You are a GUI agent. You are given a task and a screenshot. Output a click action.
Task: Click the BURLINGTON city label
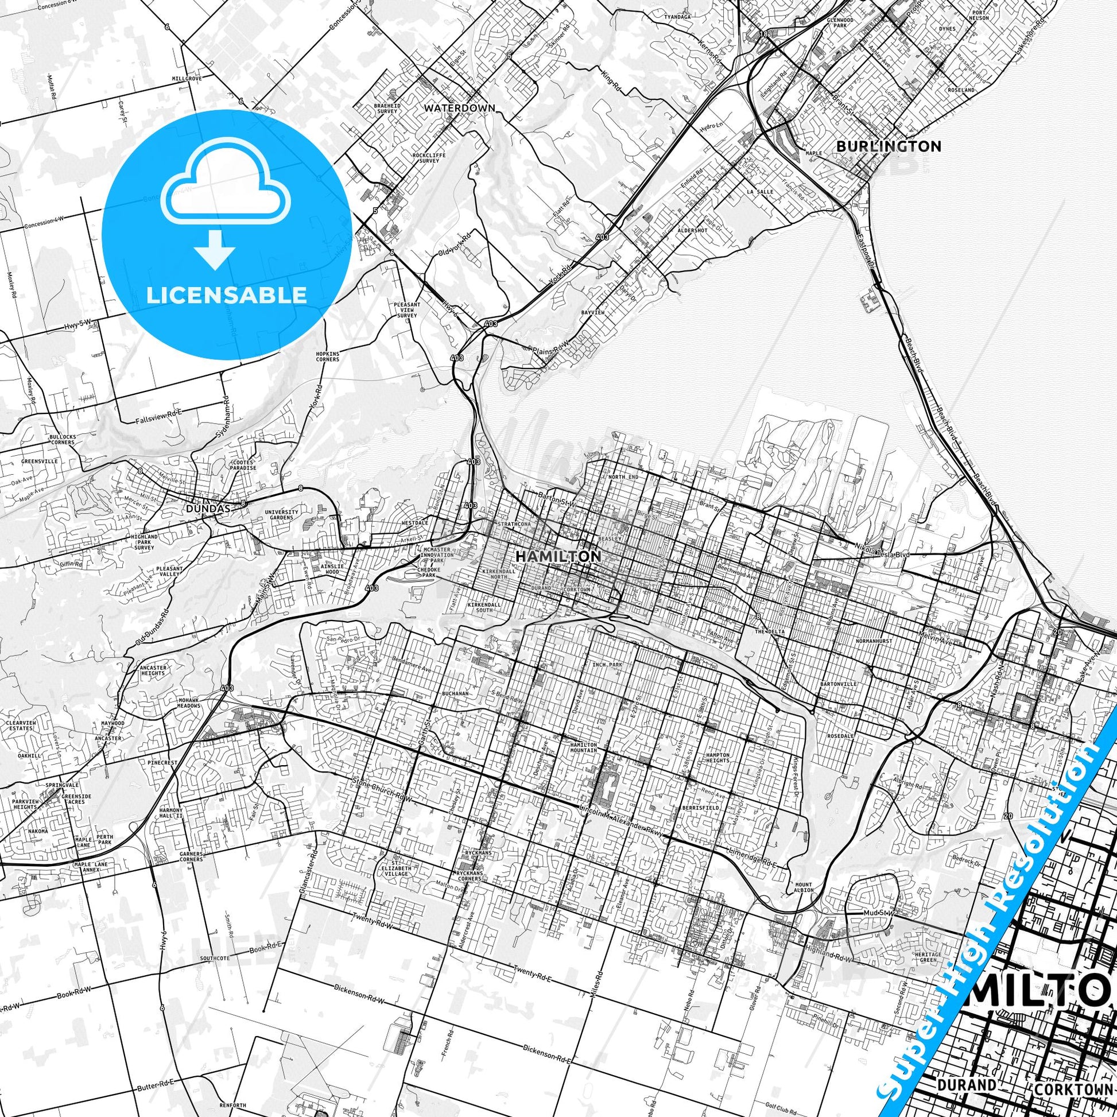tap(889, 146)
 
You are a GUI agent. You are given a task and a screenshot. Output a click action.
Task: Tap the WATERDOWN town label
tap(460, 107)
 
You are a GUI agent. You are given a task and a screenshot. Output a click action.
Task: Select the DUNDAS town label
tap(209, 509)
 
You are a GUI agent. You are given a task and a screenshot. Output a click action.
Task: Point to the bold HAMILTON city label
tap(557, 556)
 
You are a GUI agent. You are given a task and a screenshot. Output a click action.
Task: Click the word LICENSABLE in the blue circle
tap(227, 296)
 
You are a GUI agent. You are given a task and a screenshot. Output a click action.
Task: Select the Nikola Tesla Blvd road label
tap(882, 554)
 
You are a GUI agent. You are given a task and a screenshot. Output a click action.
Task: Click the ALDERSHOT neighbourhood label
tap(693, 230)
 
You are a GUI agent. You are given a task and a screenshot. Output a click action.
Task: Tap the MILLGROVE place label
tap(185, 77)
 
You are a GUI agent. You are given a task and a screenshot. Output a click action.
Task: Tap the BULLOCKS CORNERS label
tap(63, 439)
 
